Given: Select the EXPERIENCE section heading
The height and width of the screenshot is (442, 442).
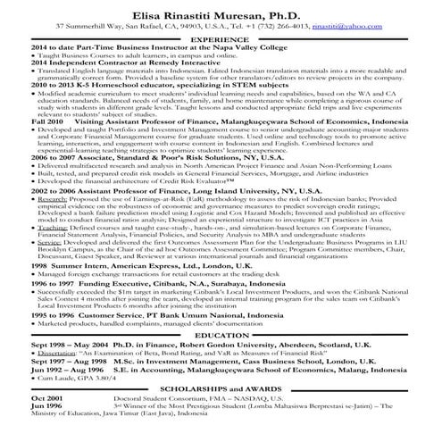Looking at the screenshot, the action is pos(221,39).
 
